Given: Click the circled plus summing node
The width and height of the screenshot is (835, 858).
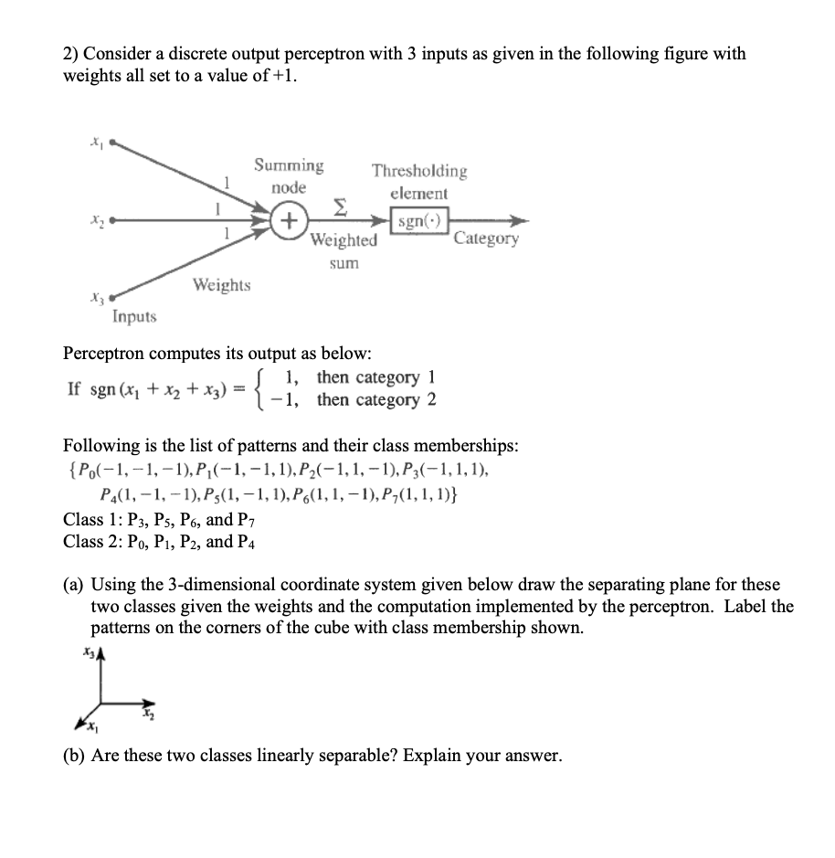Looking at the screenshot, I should click(x=289, y=221).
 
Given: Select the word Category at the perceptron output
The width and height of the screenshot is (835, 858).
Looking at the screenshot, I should click(x=485, y=239).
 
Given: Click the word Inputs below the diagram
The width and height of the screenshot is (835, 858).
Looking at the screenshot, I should click(x=134, y=317).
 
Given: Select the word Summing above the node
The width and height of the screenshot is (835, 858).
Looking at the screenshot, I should click(x=289, y=165).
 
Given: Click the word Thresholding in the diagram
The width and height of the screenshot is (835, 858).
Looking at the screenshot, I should click(x=419, y=171).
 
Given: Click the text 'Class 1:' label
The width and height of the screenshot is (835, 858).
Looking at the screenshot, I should click(x=93, y=520).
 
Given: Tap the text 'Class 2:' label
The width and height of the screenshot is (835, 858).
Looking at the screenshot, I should click(x=93, y=542).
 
